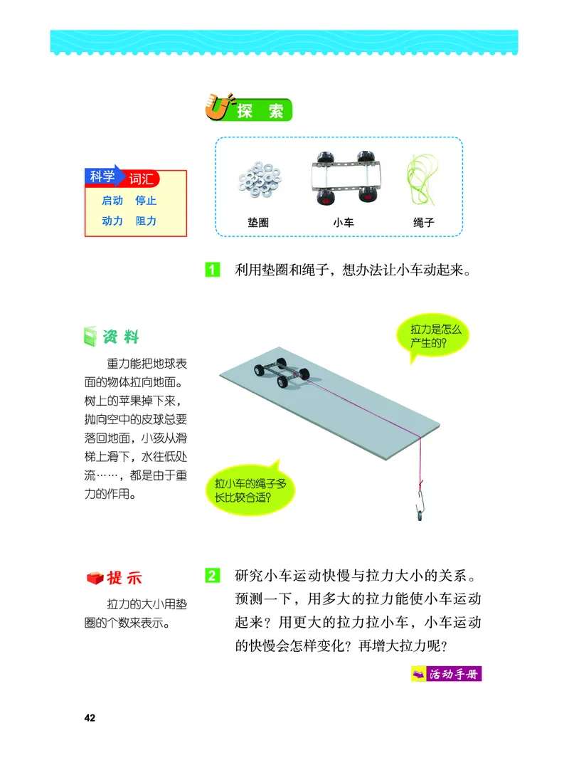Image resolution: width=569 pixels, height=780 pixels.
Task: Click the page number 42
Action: pos(90,717)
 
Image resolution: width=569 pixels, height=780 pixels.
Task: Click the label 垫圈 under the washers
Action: pos(258,223)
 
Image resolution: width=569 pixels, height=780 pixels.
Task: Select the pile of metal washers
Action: pos(258,183)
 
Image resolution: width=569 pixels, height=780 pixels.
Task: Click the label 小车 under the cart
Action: pos(344,223)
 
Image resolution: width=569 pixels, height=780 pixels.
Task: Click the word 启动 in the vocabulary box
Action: pos(112,201)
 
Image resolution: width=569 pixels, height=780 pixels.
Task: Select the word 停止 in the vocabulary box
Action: pos(146,201)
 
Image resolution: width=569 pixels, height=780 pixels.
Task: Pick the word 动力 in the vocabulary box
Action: pos(112,221)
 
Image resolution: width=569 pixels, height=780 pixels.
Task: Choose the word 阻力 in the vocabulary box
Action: pos(146,221)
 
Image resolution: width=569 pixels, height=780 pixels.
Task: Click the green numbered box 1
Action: pos(213,270)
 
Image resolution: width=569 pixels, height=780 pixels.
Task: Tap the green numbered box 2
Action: pos(213,574)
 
